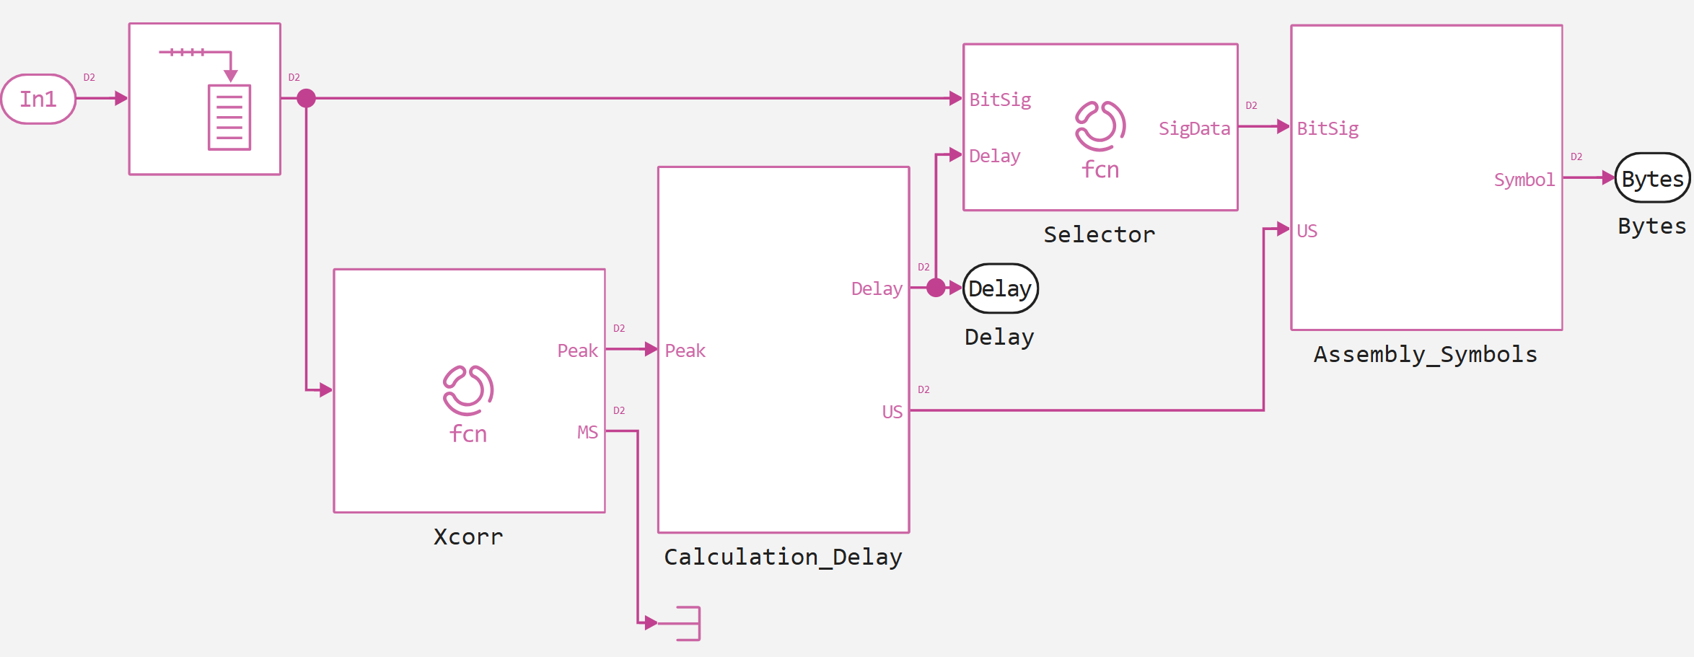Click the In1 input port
(x=38, y=99)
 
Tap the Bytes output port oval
(x=1651, y=178)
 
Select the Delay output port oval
(x=1000, y=288)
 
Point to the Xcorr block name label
(x=468, y=537)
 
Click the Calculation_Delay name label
(x=783, y=557)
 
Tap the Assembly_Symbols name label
(x=1425, y=354)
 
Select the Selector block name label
(x=1099, y=234)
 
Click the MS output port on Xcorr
(x=587, y=432)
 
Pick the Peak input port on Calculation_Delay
(x=685, y=350)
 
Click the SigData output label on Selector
(x=1194, y=128)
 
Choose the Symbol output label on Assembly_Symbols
(x=1524, y=180)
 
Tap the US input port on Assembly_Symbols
(x=1307, y=231)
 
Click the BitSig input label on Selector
(x=1000, y=100)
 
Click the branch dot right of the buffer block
(x=306, y=98)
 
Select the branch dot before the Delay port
(x=936, y=288)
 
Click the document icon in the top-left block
(x=229, y=117)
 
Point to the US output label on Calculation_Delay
(x=892, y=412)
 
